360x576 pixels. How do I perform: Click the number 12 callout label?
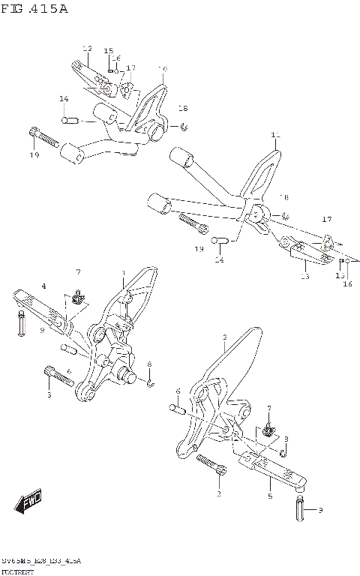click(87, 49)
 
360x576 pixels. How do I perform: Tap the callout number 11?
click(274, 136)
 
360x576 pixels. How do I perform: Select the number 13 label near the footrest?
click(304, 276)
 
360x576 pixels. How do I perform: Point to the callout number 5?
click(270, 496)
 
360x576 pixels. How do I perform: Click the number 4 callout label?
click(43, 286)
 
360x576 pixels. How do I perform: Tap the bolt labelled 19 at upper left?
click(45, 138)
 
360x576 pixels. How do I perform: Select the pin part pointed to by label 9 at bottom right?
click(298, 511)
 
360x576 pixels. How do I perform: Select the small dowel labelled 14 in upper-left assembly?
click(71, 118)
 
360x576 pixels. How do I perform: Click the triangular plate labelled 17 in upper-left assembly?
click(128, 91)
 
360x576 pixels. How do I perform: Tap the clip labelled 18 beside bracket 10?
click(184, 125)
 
